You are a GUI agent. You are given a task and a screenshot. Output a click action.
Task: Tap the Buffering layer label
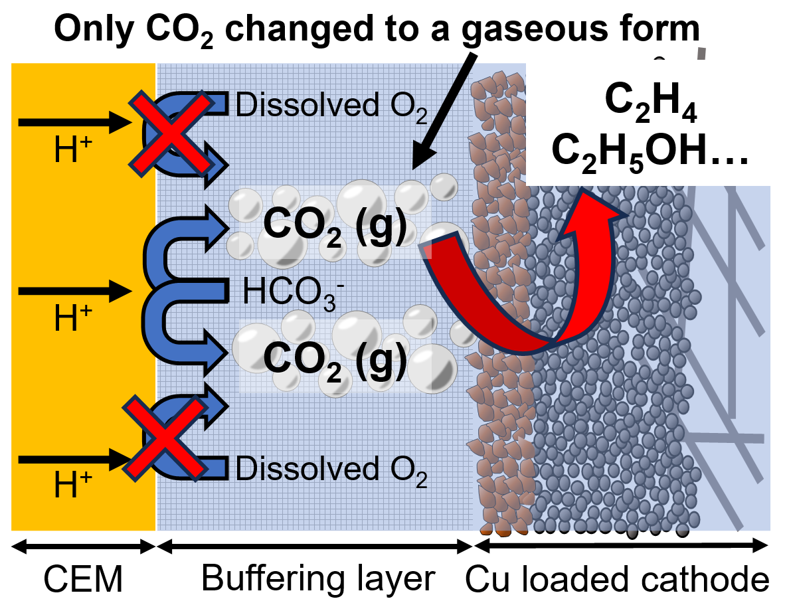[x=317, y=578]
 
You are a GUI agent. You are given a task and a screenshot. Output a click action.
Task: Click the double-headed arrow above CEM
[x=84, y=547]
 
